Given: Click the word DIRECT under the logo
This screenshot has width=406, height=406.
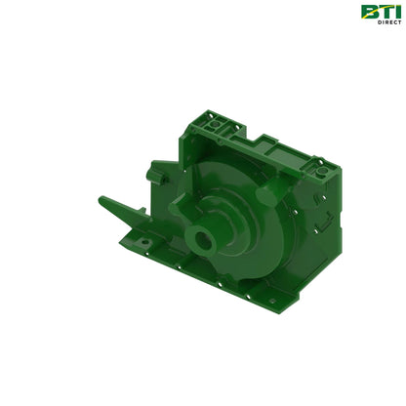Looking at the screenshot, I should click(387, 22).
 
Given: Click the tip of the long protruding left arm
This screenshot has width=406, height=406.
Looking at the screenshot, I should click(102, 200).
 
